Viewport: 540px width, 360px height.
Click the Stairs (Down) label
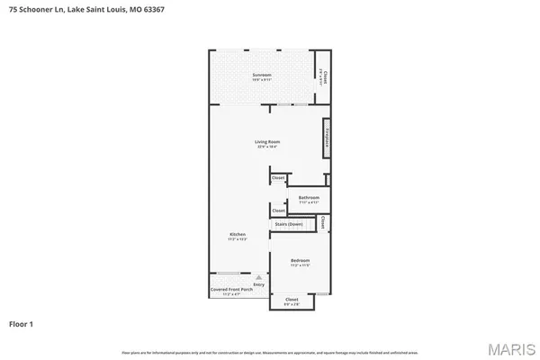click(288, 224)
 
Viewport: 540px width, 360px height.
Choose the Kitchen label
click(237, 234)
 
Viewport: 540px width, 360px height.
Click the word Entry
click(259, 284)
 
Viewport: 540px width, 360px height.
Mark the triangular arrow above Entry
click(259, 277)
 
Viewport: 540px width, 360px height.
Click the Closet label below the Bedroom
click(292, 299)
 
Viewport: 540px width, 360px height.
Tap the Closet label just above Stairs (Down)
click(278, 211)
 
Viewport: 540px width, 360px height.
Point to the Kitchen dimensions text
click(237, 239)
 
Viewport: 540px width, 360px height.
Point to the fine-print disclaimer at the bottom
click(269, 351)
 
